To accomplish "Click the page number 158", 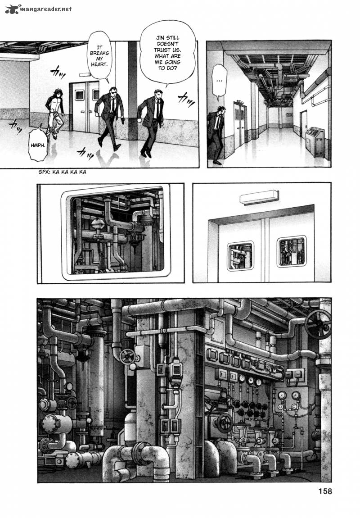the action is [x=325, y=491].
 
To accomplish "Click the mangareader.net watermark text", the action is [x=45, y=9].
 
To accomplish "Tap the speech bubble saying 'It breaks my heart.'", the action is [x=99, y=56].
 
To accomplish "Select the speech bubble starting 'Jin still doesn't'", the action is [x=167, y=53].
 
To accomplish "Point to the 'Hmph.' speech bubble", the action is [x=37, y=144].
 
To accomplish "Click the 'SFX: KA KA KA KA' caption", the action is [x=62, y=172].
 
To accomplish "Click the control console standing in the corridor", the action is [x=315, y=141].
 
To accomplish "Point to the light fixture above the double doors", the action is [x=259, y=198].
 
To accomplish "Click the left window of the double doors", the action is [x=240, y=256].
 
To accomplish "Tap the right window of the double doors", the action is [x=291, y=251].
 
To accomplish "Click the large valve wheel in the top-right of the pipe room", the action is [x=317, y=324].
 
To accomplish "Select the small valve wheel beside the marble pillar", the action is [x=128, y=356].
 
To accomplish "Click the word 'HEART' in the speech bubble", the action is [x=99, y=64].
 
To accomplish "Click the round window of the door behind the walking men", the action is [x=79, y=95].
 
